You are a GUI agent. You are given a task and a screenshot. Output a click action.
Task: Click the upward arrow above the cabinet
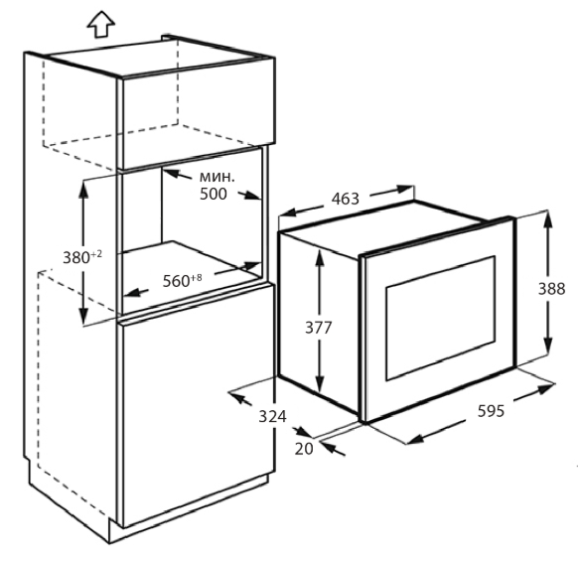pos(101,24)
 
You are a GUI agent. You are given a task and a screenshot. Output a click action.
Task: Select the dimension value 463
pos(345,199)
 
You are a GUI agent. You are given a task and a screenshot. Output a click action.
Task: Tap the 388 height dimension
pos(551,289)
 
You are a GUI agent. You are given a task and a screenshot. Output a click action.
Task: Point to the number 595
pos(491,411)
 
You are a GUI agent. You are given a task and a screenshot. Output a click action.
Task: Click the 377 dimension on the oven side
pos(319,328)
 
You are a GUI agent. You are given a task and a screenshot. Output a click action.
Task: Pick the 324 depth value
pos(272,416)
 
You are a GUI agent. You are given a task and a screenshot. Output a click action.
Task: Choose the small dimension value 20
pos(304,449)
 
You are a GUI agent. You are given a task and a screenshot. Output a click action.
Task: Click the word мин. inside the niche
pos(217,178)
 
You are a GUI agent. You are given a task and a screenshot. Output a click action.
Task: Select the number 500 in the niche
pos(214,194)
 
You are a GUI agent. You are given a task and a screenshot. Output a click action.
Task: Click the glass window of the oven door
pos(440,318)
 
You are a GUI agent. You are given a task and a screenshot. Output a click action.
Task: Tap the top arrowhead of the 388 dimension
pos(548,220)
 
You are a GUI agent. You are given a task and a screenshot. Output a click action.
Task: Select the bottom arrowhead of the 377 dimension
pos(320,384)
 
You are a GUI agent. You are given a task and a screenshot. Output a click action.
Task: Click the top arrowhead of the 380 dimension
pos(83,190)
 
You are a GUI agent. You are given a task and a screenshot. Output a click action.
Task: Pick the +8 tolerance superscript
pos(197,277)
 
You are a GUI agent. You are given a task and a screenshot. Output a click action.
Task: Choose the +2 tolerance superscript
pos(96,254)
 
